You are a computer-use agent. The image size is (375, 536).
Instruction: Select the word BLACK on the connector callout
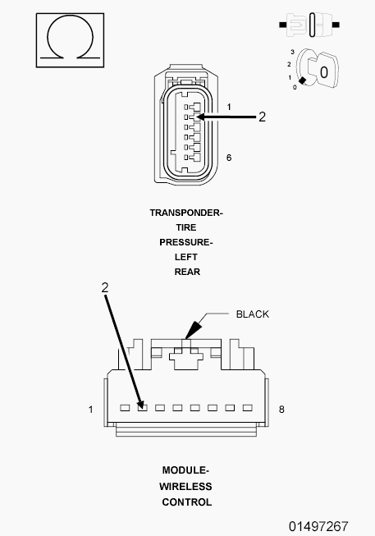[x=252, y=314]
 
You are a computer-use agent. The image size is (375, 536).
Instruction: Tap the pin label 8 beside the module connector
[x=281, y=408]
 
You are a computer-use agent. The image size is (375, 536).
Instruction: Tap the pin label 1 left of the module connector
[x=93, y=408]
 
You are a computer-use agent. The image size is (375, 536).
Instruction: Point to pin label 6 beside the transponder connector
[x=229, y=157]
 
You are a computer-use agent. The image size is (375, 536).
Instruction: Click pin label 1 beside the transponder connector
[x=229, y=108]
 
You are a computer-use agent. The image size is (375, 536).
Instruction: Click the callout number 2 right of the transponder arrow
[x=262, y=117]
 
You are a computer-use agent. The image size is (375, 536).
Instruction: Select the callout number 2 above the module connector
[x=104, y=287]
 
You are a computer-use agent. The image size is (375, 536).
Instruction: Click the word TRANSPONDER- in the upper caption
[x=186, y=213]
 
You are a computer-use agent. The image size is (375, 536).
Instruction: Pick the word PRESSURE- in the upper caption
[x=186, y=242]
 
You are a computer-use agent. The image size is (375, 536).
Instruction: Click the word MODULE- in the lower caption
[x=186, y=470]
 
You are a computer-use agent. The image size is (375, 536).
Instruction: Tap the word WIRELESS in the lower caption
[x=186, y=486]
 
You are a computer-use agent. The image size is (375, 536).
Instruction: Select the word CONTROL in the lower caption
[x=186, y=502]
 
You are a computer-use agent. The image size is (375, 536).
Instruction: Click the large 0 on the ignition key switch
[x=324, y=72]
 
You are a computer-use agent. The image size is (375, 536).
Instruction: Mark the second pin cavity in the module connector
[x=142, y=407]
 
